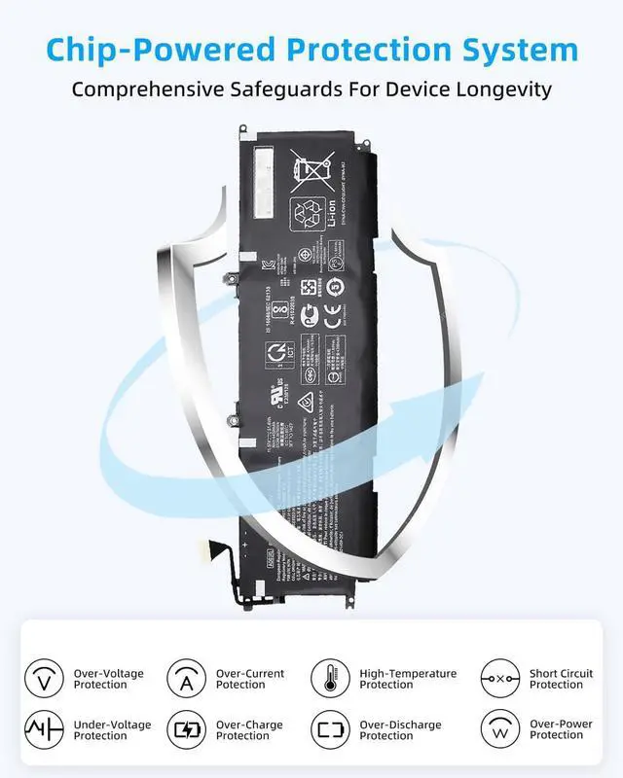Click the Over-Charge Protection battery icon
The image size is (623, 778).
click(x=186, y=729)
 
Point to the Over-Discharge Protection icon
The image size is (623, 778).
click(x=330, y=729)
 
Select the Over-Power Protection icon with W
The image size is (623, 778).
click(x=500, y=729)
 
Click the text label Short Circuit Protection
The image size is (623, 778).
click(x=561, y=679)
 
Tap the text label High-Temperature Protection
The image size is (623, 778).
click(x=408, y=679)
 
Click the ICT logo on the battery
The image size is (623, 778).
click(x=276, y=352)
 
